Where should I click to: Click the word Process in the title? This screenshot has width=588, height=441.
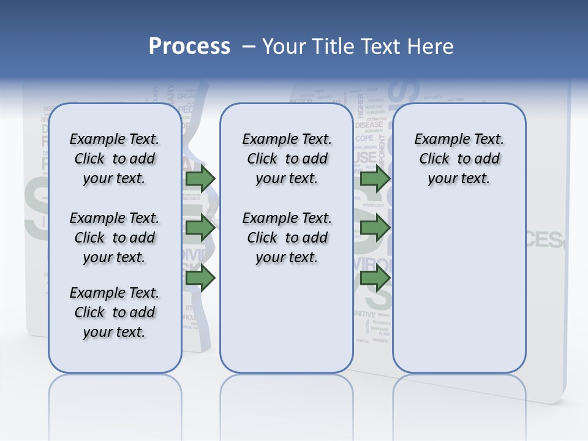pos(189,46)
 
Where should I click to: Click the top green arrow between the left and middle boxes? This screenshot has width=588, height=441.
pos(200,178)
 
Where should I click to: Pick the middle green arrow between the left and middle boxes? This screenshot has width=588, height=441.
pos(200,228)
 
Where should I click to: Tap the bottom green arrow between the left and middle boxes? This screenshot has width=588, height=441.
pos(200,278)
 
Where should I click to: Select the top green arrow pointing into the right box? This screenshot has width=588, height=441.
pos(375,178)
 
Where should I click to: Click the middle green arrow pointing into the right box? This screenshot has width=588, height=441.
pos(375,228)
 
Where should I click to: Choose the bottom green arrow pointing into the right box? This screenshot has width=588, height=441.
pos(375,278)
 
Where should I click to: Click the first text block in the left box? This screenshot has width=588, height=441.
pos(115,159)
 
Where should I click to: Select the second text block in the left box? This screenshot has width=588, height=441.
pos(115,238)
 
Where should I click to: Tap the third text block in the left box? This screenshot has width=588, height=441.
pos(115,312)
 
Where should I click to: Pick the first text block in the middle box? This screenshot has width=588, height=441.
pos(287,159)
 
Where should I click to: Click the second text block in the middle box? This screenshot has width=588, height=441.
pos(287,238)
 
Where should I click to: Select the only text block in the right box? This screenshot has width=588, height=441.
pos(459,159)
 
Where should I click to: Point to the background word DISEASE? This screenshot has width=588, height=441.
pos(369,125)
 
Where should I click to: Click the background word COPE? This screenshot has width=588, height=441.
pos(364,138)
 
